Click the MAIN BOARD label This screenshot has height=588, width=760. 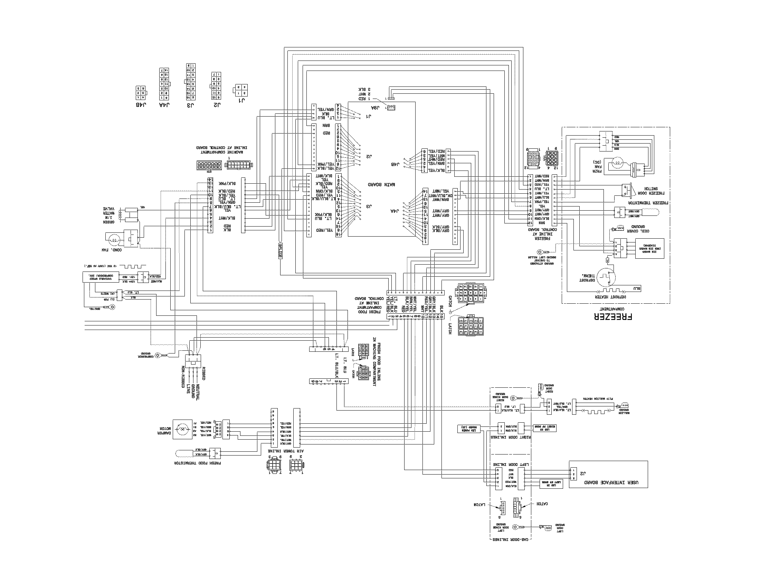click(382, 185)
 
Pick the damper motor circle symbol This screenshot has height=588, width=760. click(182, 430)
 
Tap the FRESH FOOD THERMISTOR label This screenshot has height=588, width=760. click(197, 463)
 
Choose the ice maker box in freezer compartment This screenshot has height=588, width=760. click(649, 248)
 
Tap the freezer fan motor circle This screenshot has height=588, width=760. click(617, 163)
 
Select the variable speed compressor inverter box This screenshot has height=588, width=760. click(100, 277)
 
